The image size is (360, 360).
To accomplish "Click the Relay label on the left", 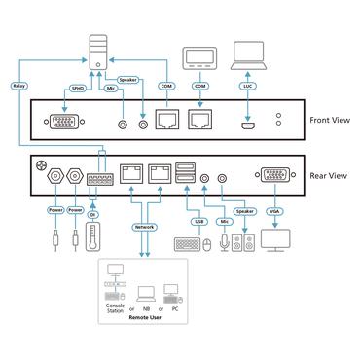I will click(19, 86).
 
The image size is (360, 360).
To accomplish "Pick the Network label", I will click(144, 226).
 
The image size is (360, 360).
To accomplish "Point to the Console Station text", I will click(115, 314).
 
